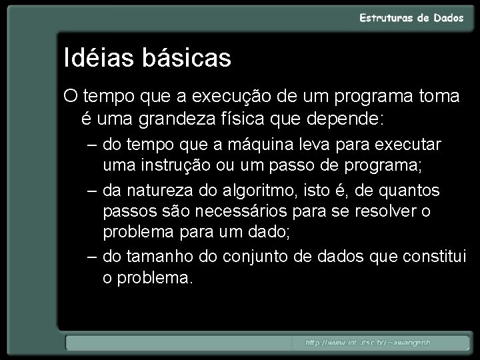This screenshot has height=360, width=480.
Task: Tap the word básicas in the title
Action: [186, 58]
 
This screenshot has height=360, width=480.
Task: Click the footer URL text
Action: [368, 343]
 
